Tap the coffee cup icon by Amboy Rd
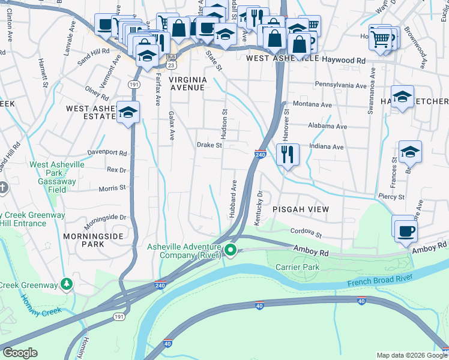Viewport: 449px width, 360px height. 405,231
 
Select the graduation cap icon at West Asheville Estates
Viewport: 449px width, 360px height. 128,113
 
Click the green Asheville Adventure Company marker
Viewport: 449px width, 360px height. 231,251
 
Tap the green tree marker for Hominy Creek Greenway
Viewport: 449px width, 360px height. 68,283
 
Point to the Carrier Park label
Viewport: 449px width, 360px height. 298,266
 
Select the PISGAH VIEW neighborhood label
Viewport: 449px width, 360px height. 301,209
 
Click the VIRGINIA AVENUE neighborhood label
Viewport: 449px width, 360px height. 187,83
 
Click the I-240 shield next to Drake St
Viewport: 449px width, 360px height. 260,155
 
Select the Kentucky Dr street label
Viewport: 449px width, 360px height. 260,209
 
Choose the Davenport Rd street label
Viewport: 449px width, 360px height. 107,153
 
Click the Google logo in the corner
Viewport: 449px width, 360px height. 20,353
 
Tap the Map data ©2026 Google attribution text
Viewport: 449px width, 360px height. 411,355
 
